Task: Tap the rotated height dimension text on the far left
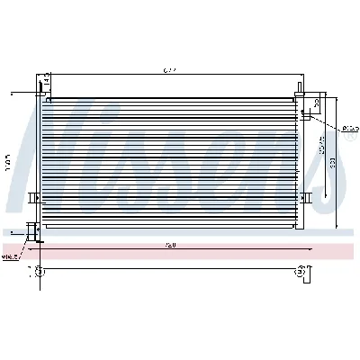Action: [8, 162]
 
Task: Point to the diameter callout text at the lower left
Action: [11, 256]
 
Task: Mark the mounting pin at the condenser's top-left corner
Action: [40, 86]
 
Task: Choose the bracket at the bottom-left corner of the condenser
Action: [35, 231]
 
